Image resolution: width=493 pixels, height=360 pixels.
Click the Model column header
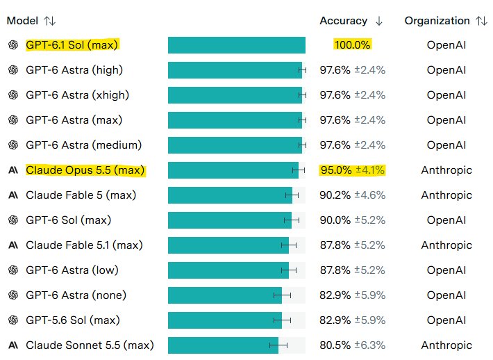(22, 21)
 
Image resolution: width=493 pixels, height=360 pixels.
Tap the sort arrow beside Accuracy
(379, 21)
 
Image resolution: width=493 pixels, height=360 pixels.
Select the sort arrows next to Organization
(481, 21)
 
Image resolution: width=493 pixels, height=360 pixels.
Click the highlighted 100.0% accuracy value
(353, 45)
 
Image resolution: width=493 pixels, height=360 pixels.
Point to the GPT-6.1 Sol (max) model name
(72, 45)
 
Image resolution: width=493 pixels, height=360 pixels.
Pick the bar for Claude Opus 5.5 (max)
(233, 170)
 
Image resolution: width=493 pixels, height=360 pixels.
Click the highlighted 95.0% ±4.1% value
(352, 170)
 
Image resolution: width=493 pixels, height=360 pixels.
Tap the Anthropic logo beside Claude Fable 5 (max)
(13, 195)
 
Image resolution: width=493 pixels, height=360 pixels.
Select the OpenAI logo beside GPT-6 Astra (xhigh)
(13, 95)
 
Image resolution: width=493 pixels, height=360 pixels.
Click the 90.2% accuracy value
(335, 195)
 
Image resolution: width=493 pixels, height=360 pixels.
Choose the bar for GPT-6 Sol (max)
(230, 220)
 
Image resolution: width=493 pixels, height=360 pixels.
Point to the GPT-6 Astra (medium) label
(83, 145)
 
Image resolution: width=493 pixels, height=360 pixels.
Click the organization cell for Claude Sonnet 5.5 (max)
(446, 345)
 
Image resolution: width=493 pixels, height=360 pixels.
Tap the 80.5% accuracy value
(335, 345)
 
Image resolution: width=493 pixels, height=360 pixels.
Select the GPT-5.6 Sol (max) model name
(73, 320)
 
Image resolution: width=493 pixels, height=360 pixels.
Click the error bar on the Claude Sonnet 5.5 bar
(278, 345)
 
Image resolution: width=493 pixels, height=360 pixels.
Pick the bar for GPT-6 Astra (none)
(225, 295)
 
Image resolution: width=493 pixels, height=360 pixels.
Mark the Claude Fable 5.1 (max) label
(84, 245)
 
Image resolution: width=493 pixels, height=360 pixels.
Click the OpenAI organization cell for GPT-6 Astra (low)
(446, 270)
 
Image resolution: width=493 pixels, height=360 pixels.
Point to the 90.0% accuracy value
(335, 220)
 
